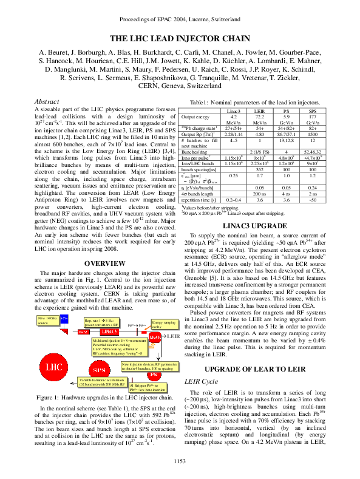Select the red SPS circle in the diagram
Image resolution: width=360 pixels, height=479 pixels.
(x=98, y=370)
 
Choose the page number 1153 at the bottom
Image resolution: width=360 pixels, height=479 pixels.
(x=180, y=462)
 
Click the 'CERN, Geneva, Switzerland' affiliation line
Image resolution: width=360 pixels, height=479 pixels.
(x=180, y=86)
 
